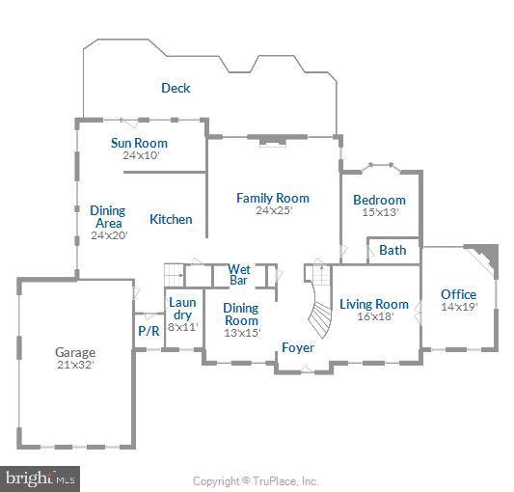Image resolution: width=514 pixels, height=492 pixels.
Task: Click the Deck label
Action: [x=176, y=88]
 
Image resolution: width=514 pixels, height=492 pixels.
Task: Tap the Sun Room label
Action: [x=139, y=143]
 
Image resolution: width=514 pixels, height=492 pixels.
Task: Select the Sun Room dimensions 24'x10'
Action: [x=139, y=154]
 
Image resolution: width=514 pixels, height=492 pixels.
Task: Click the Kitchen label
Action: [x=171, y=219]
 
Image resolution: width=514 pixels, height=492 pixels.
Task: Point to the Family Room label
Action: [x=273, y=198]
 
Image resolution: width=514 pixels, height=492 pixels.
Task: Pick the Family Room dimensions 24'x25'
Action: [x=273, y=209]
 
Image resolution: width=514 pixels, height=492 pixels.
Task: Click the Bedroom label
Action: [x=379, y=200]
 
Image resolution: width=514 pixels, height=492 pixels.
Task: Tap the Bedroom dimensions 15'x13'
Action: [x=379, y=211]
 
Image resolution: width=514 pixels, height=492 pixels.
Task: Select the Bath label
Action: [x=392, y=250]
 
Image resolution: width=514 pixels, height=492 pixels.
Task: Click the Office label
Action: [x=458, y=294]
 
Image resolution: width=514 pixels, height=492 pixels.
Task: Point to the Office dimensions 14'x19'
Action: [x=458, y=307]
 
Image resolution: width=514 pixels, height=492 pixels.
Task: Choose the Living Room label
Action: [x=375, y=304]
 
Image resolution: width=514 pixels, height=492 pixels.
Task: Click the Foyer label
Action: [x=297, y=346]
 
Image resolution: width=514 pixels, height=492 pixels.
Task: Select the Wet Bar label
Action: [x=238, y=275]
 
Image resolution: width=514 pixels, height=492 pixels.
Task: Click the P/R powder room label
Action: [x=149, y=330]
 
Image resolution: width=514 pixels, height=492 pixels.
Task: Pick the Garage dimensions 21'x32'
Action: [x=74, y=365]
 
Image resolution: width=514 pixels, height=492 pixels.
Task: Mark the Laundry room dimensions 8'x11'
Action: [x=182, y=326]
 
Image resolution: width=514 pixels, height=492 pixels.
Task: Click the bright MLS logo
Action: [x=41, y=478]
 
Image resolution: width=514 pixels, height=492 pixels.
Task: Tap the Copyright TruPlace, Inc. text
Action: [x=256, y=480]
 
